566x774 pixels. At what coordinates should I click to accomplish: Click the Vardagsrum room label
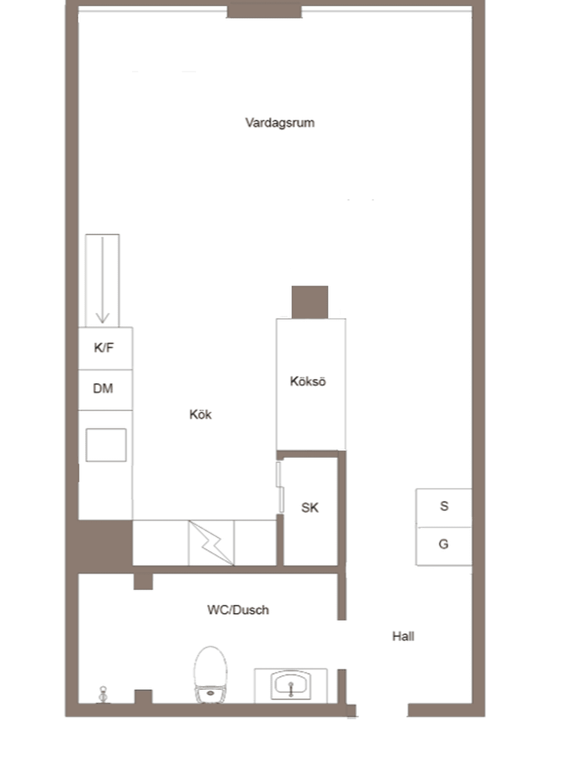(280, 123)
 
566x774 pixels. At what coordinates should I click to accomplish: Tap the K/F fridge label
(104, 347)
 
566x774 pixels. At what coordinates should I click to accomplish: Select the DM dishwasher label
(103, 388)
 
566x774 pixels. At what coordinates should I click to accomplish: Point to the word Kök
(201, 414)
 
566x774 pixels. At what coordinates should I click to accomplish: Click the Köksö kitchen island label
(308, 381)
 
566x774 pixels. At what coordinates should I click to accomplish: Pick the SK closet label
(310, 507)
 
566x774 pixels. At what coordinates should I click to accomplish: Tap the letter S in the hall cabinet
(444, 506)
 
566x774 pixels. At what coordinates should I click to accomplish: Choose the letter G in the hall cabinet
(443, 544)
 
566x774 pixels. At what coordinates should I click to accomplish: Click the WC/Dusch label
(238, 610)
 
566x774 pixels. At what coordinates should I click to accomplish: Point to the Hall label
(403, 636)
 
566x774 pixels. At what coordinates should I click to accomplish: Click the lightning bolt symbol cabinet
(211, 543)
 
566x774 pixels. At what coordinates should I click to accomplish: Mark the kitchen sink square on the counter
(106, 445)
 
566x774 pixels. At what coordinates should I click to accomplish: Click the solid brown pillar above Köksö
(310, 302)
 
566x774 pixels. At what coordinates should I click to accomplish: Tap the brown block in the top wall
(264, 12)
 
